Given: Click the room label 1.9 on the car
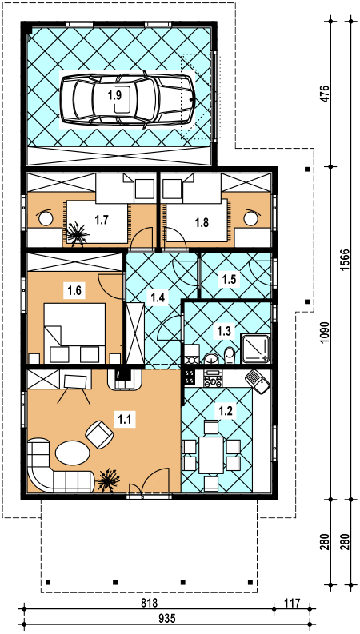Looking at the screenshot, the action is pos(114,95).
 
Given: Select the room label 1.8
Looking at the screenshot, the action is pos(202,223).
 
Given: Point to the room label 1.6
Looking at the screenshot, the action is pos(74,290).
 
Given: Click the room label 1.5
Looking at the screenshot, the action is pos(229,278).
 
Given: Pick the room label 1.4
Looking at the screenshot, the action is pos(158,297).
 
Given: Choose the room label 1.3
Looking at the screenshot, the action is pos(224,332).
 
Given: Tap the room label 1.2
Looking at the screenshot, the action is pos(226,411).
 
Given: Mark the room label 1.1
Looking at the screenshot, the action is pos(125,419).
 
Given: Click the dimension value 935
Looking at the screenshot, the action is pos(166,618).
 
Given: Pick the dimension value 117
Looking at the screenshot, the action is pos(291,604).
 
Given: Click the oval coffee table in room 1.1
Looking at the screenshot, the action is pos(73,453).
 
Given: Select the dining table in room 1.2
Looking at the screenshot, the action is pos(210,455).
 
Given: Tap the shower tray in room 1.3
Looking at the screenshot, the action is pos(255,348).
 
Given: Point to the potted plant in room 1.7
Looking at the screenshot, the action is pos(77,233).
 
